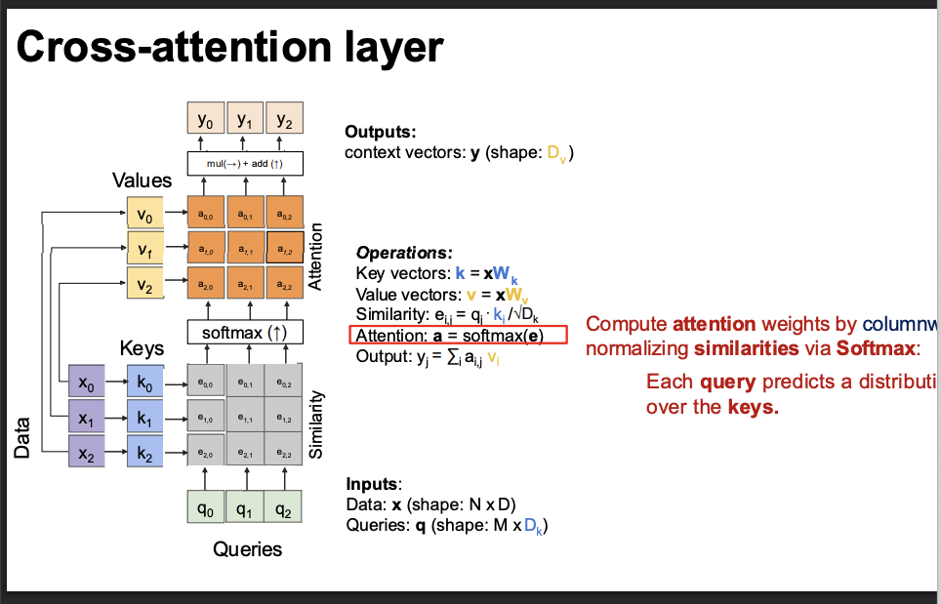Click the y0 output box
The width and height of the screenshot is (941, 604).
(x=205, y=121)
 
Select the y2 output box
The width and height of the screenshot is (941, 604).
(x=284, y=121)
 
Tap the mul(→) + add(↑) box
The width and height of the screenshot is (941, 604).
(x=245, y=163)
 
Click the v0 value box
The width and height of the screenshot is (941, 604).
(x=144, y=213)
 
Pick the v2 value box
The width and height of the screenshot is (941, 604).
(x=144, y=285)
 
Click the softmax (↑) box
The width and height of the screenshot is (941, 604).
(x=245, y=332)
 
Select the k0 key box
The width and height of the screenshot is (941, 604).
(x=144, y=382)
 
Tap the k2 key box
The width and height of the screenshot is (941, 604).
(x=144, y=453)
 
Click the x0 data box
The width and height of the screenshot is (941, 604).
(x=87, y=382)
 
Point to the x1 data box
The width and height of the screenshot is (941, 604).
(x=87, y=418)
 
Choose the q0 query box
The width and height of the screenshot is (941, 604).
(x=205, y=506)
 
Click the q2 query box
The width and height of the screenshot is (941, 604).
(x=283, y=506)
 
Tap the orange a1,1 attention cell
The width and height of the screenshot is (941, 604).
(x=245, y=249)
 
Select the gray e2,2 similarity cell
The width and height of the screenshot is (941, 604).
(x=284, y=454)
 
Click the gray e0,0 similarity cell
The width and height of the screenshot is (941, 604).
(x=205, y=383)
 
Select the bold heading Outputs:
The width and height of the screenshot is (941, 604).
(x=381, y=132)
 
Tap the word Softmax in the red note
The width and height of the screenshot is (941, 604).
(x=877, y=348)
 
